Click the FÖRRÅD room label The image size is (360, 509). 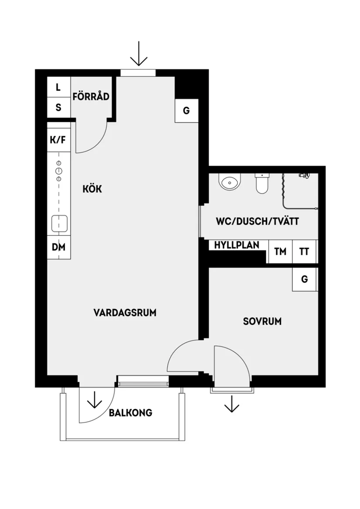pyautogui.click(x=91, y=96)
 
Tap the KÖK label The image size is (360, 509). pyautogui.click(x=92, y=189)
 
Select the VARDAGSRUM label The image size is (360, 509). pyautogui.click(x=125, y=313)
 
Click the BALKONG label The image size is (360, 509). pyautogui.click(x=130, y=413)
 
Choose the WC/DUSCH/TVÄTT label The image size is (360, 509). pyautogui.click(x=257, y=222)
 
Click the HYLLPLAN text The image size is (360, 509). pyautogui.click(x=237, y=245)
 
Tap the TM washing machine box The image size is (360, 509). pyautogui.click(x=280, y=252)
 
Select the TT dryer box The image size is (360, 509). pyautogui.click(x=304, y=252)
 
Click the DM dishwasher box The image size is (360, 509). pyautogui.click(x=58, y=248)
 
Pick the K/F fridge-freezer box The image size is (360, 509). pyautogui.click(x=58, y=140)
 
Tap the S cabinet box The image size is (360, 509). pyautogui.click(x=58, y=107)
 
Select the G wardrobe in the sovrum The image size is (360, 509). pyautogui.click(x=304, y=279)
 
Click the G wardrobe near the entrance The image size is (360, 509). pyautogui.click(x=186, y=110)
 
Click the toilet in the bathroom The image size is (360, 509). pyautogui.click(x=262, y=184)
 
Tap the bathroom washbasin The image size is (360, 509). pyautogui.click(x=230, y=182)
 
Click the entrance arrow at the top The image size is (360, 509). pyautogui.click(x=139, y=54)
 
